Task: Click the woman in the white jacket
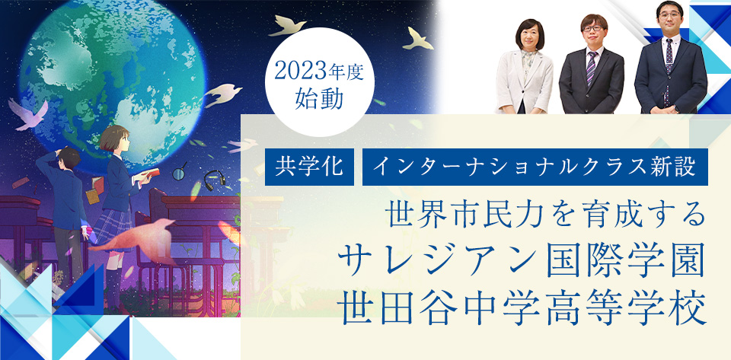(x=524, y=72)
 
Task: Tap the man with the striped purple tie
(x=592, y=72)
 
